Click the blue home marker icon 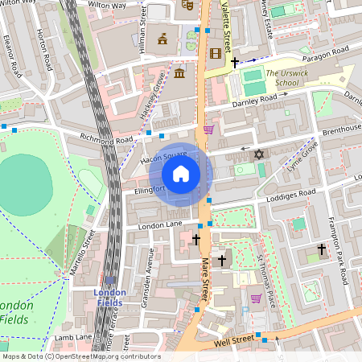point(181,174)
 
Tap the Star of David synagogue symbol point(258,154)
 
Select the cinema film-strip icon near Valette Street point(215,54)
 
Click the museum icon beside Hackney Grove point(179,74)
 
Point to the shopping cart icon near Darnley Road point(209,129)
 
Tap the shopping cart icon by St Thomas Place point(256,298)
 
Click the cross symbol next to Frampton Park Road point(322,250)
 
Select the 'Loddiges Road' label point(293,194)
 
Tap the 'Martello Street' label point(80,252)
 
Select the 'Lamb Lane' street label point(73,338)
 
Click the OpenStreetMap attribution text point(80,356)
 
